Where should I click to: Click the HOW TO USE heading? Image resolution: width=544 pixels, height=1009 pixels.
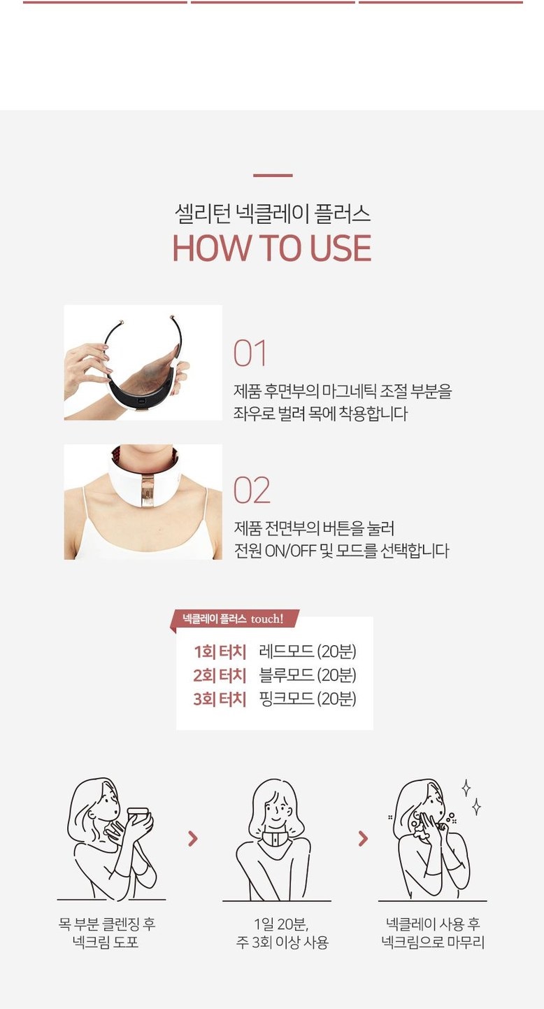click(272, 248)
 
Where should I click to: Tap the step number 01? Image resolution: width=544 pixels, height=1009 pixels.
click(250, 353)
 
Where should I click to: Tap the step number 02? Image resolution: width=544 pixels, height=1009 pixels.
click(252, 490)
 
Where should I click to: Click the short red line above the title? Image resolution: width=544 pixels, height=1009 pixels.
click(273, 175)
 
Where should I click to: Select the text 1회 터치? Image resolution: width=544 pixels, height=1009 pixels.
click(220, 652)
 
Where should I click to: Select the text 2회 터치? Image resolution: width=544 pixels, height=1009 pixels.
click(220, 675)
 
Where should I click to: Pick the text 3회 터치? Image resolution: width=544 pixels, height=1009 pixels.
click(220, 699)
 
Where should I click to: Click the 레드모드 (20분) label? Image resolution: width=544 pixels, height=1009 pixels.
click(308, 651)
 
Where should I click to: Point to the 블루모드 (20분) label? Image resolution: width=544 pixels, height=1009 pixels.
click(308, 675)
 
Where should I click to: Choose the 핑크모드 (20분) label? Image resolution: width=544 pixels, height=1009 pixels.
click(308, 698)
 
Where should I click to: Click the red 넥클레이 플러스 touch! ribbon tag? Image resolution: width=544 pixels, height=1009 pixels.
click(234, 619)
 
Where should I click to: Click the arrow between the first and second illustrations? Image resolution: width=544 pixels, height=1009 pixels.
click(193, 838)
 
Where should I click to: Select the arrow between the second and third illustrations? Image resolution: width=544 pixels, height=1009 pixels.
click(363, 838)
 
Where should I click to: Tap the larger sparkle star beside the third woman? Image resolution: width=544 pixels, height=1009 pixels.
click(466, 788)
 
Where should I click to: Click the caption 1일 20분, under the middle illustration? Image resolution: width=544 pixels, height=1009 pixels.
click(281, 924)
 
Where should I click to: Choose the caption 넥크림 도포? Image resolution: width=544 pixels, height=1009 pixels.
click(106, 942)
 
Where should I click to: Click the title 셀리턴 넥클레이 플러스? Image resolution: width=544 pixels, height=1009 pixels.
click(273, 213)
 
